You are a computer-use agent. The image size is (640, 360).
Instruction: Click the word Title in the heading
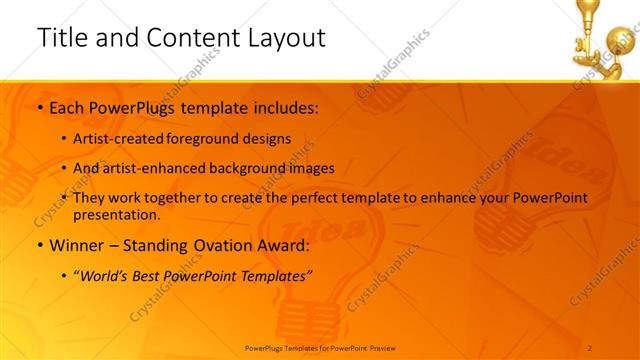tap(62, 38)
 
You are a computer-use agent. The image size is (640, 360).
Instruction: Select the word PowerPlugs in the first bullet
tap(136, 107)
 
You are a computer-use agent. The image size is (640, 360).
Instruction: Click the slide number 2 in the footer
tap(591, 347)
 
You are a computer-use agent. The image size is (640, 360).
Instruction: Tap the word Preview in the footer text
tap(382, 347)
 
